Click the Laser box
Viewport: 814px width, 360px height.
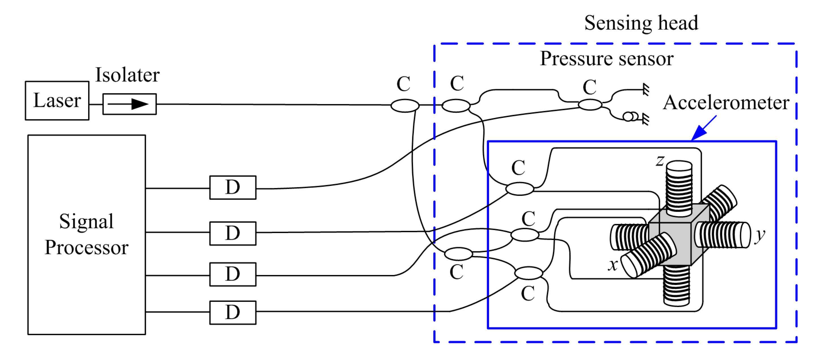point(57,101)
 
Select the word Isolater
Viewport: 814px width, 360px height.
point(127,75)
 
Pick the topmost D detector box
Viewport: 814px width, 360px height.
point(233,187)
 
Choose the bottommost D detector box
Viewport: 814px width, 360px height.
point(233,313)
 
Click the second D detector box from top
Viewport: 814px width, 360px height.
point(233,233)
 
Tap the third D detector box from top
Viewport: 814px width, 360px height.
point(233,274)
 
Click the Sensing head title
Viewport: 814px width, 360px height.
point(641,23)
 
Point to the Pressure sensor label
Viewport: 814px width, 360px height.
point(606,59)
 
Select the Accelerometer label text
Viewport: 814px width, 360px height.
point(726,103)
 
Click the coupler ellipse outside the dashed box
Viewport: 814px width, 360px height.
point(405,105)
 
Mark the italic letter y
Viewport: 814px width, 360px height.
point(760,236)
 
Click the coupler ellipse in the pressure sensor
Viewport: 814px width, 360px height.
point(590,104)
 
